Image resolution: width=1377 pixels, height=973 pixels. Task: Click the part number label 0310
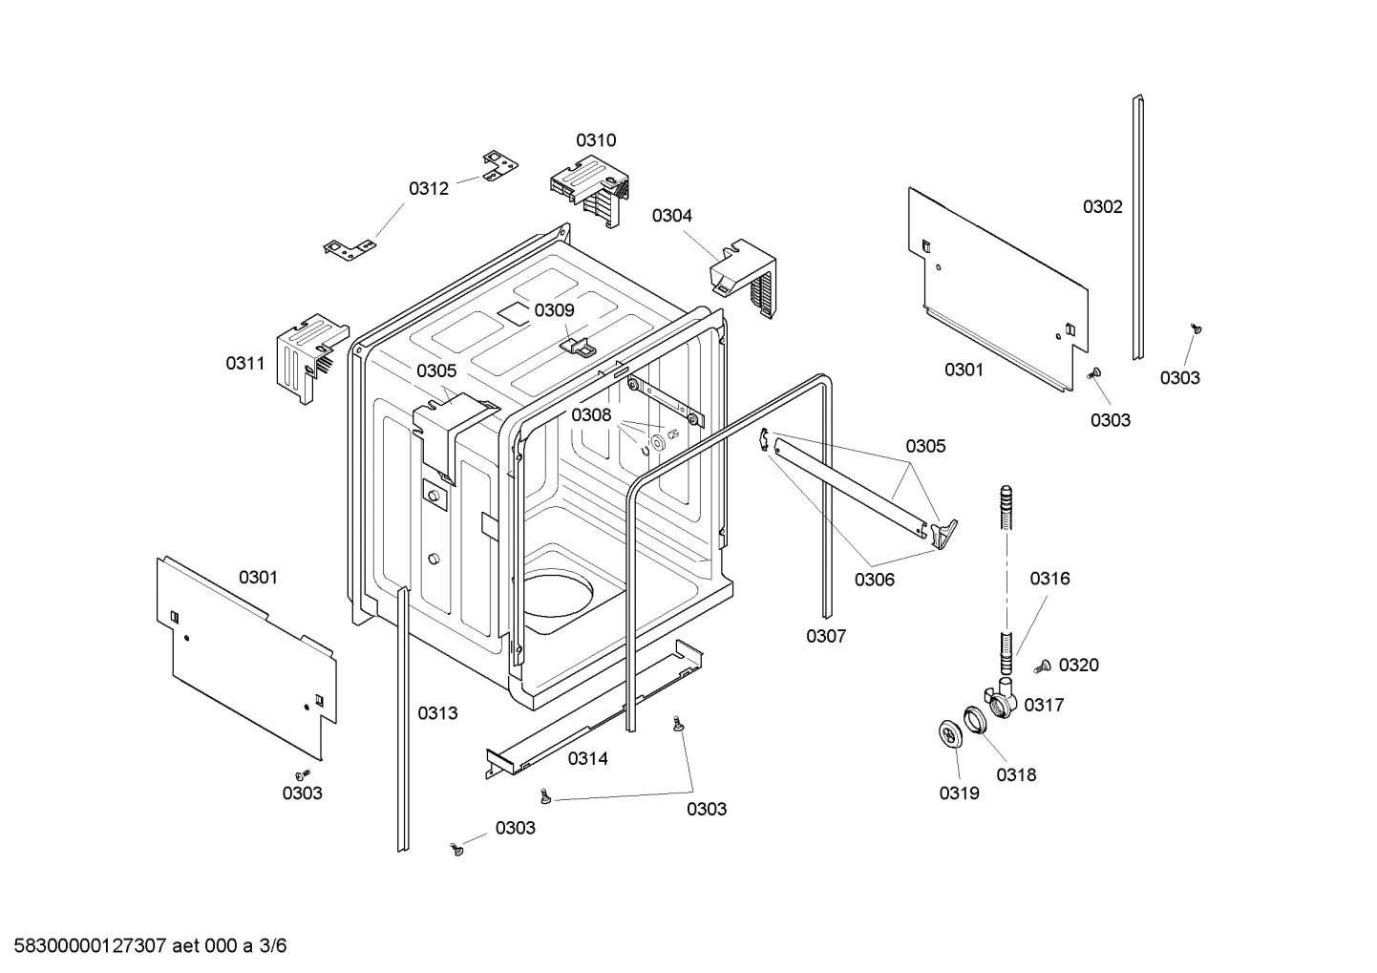[x=595, y=140]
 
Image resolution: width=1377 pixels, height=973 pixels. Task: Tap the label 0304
[x=672, y=216]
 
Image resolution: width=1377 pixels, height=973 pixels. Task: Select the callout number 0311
[x=245, y=363]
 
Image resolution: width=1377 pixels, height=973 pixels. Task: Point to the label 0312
[x=429, y=189]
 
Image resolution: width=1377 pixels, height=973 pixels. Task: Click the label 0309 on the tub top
[x=554, y=310]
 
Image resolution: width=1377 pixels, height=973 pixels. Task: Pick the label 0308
[x=591, y=414]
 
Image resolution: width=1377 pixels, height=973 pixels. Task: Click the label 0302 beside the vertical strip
[x=1102, y=207]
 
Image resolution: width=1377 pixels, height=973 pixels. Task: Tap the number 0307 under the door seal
[x=826, y=636]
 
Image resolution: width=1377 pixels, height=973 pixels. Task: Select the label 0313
[x=437, y=713]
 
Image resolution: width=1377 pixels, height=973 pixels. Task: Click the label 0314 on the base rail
[x=587, y=759]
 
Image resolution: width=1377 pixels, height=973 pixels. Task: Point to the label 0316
[x=1049, y=579]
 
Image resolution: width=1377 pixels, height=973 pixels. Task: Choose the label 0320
[x=1079, y=666]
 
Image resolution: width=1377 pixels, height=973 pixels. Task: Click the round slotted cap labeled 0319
[x=949, y=735]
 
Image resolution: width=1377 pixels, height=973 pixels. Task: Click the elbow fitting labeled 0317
[x=1001, y=702]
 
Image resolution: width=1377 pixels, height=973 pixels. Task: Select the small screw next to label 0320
[x=1044, y=665]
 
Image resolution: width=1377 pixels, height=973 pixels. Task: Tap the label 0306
[x=874, y=580]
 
